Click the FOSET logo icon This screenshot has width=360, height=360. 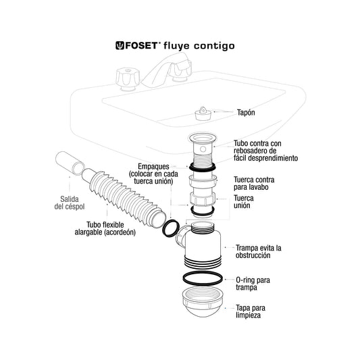click(120, 45)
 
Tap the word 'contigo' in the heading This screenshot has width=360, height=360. click(214, 46)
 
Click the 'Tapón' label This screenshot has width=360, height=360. click(246, 113)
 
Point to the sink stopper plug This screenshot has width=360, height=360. click(203, 113)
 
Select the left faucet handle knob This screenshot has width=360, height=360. click(128, 79)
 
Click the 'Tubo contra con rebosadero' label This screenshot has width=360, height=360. click(265, 151)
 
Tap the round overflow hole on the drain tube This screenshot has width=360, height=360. click(203, 149)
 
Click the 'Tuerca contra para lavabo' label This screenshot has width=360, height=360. click(254, 183)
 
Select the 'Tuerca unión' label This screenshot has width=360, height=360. click(244, 201)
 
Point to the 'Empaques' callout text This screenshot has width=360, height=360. click(153, 174)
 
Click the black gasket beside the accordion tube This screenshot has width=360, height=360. click(171, 228)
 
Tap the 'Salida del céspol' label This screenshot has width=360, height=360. click(70, 203)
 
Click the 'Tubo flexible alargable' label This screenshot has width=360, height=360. click(105, 228)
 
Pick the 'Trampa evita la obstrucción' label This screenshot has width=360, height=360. click(258, 251)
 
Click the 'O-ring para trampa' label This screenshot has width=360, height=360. click(253, 284)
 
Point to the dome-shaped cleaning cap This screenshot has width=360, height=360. click(202, 302)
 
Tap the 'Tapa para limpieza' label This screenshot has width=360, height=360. click(251, 311)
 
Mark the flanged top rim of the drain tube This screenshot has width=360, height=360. click(202, 138)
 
